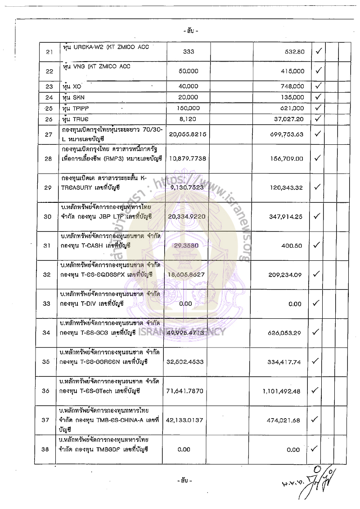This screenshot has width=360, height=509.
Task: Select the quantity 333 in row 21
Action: coord(189,52)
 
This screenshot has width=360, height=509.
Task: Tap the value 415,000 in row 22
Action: coord(291,71)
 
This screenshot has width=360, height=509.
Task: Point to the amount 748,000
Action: coord(291,86)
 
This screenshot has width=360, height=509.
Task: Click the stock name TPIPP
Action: coord(77,108)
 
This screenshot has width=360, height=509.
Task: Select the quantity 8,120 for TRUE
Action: coord(189,119)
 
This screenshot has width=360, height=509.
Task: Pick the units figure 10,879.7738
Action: coord(189,158)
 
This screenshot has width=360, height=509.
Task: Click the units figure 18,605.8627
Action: coord(189,274)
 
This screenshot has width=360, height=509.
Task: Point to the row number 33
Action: coord(46,304)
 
